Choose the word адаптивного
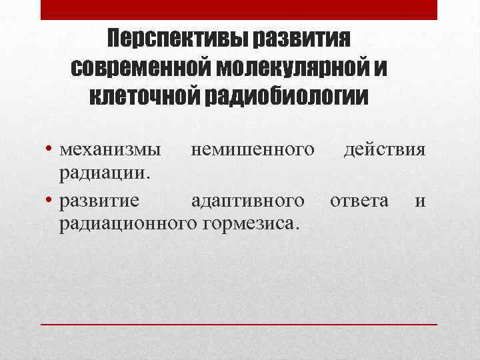coord(248,200)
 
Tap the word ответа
coord(359,200)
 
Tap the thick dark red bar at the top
coord(239,10)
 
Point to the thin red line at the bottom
coord(239,324)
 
